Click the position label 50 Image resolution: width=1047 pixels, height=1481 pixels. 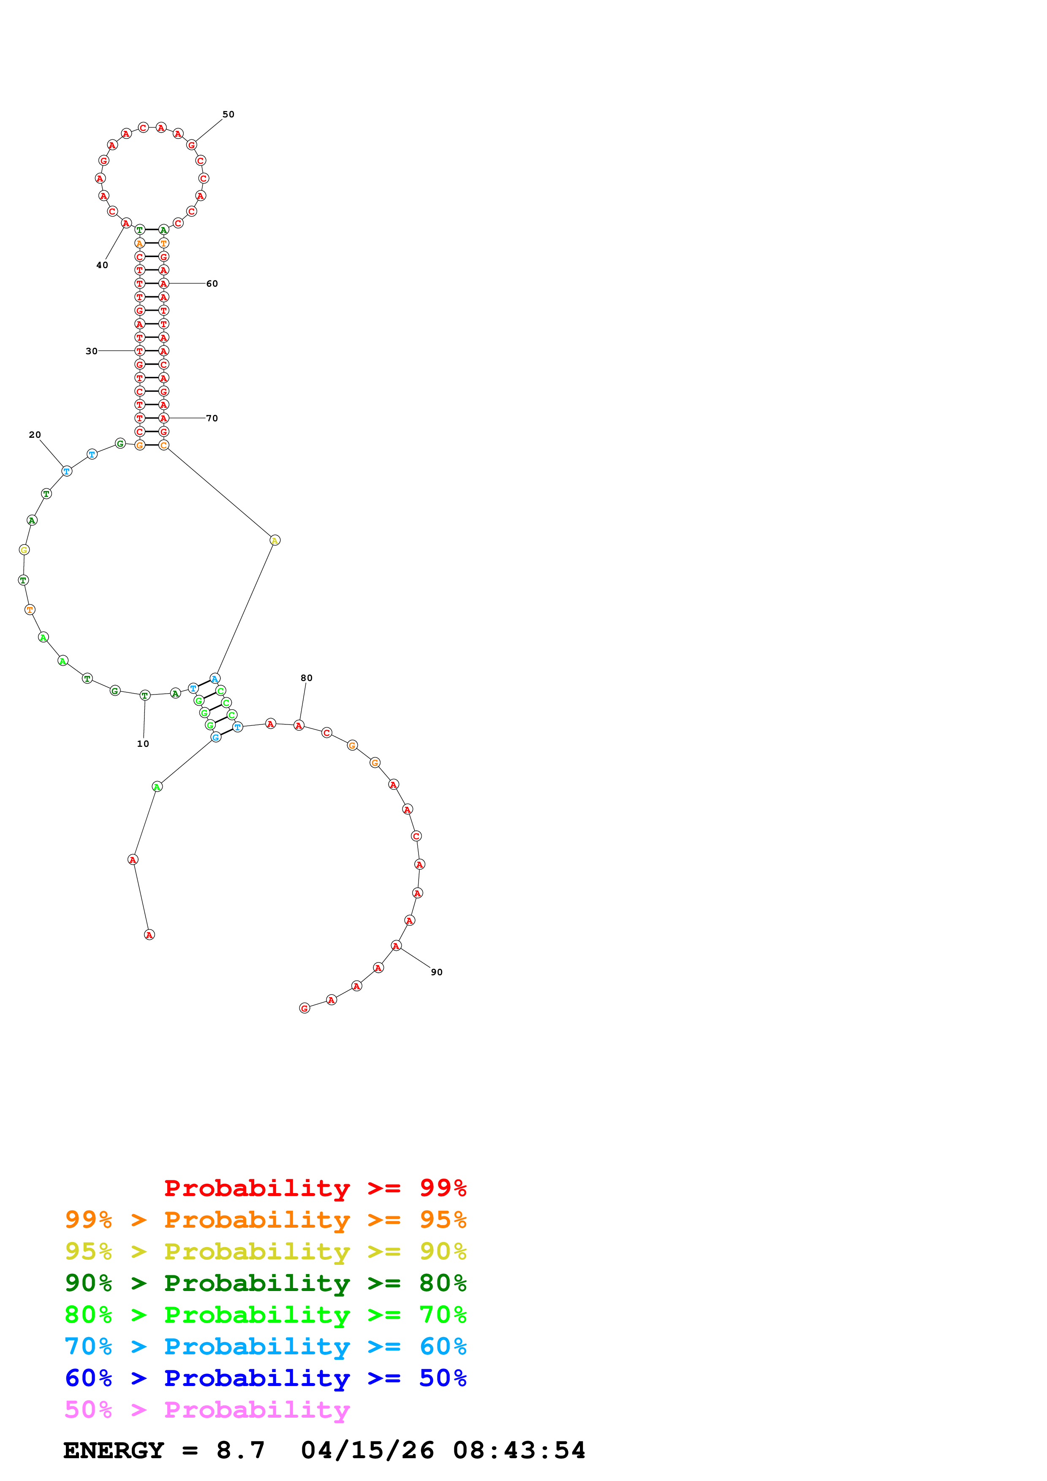point(228,114)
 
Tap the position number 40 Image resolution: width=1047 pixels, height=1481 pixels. point(102,265)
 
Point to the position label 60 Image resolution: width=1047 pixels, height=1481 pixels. point(212,284)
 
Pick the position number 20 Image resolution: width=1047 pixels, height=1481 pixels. point(35,435)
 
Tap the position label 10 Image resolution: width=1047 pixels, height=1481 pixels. point(143,744)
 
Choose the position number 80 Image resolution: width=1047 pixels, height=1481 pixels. point(307,678)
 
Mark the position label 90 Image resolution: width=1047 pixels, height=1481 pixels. point(437,972)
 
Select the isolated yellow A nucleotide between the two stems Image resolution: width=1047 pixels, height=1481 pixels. point(275,540)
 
